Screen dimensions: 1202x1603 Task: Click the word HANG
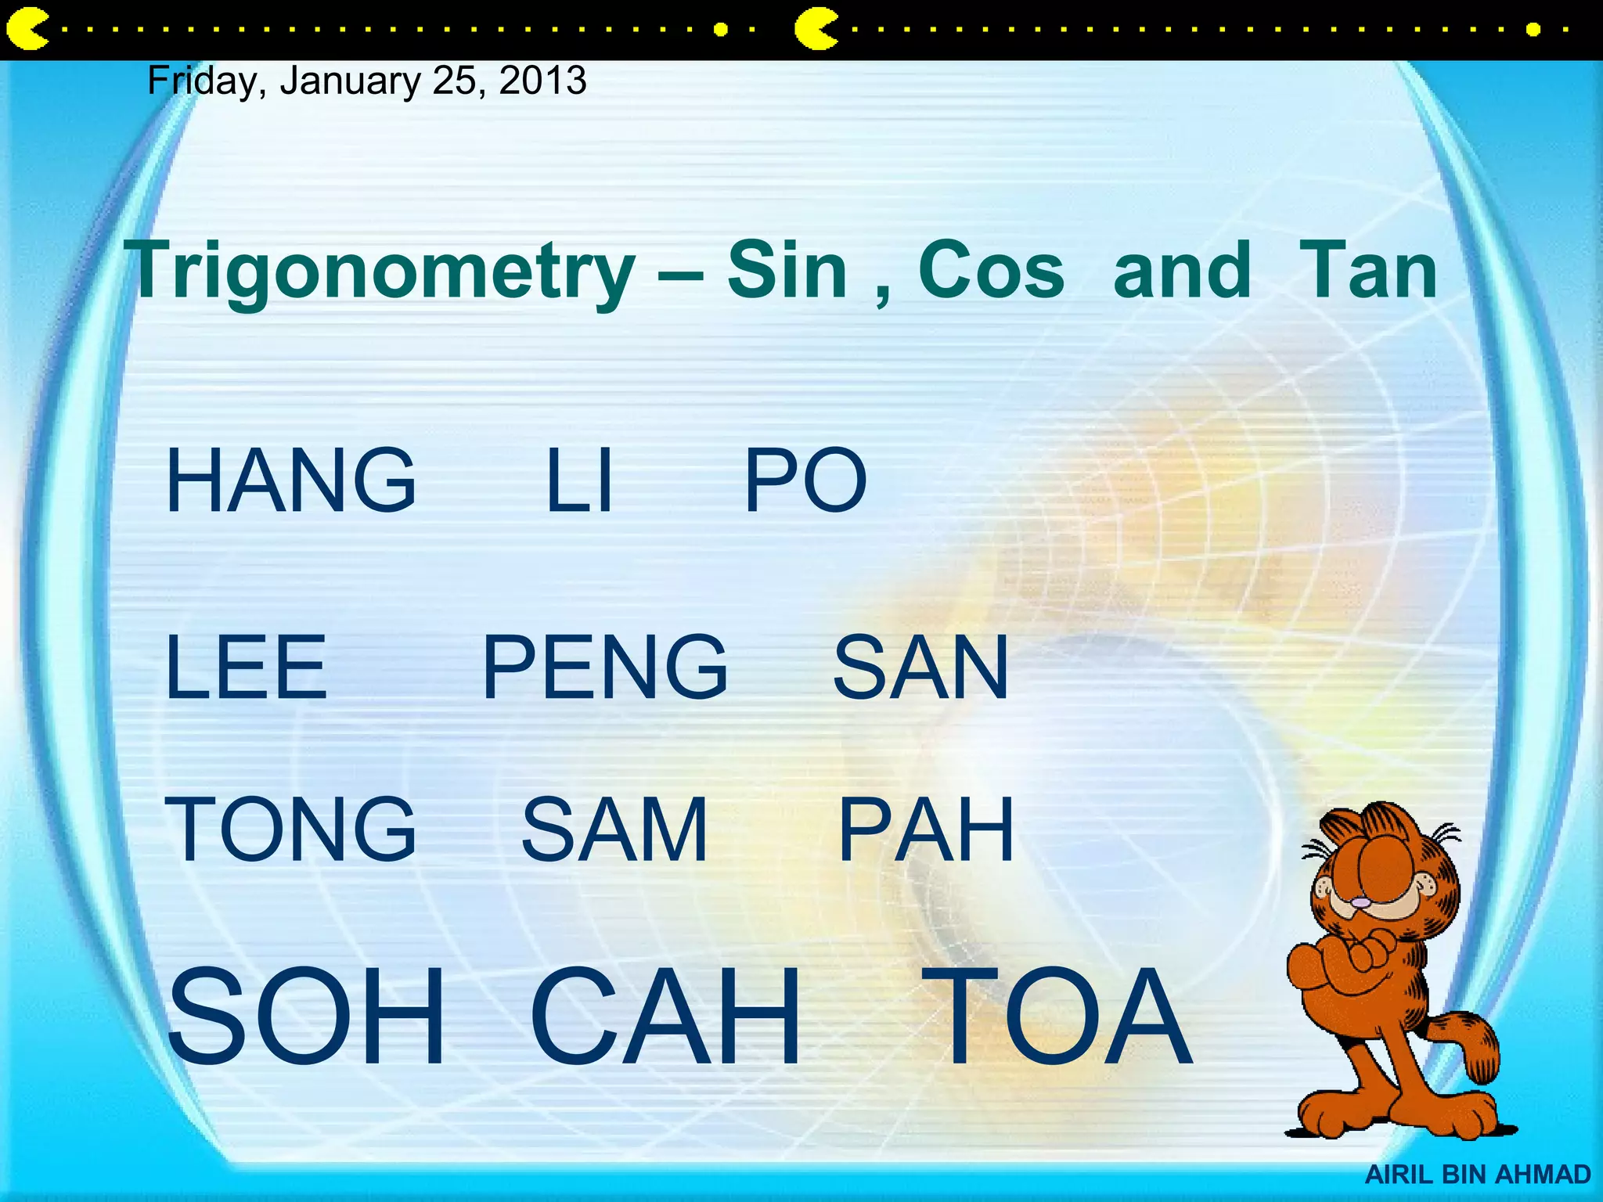point(290,480)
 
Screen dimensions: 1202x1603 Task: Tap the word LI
point(578,480)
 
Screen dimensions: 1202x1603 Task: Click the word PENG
point(604,668)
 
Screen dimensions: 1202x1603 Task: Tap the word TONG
point(290,830)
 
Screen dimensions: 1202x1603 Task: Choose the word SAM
point(614,830)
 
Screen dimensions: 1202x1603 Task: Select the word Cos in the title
point(991,270)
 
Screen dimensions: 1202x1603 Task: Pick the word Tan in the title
point(1368,270)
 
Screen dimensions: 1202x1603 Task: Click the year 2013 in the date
point(542,81)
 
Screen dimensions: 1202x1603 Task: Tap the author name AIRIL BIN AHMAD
point(1478,1175)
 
